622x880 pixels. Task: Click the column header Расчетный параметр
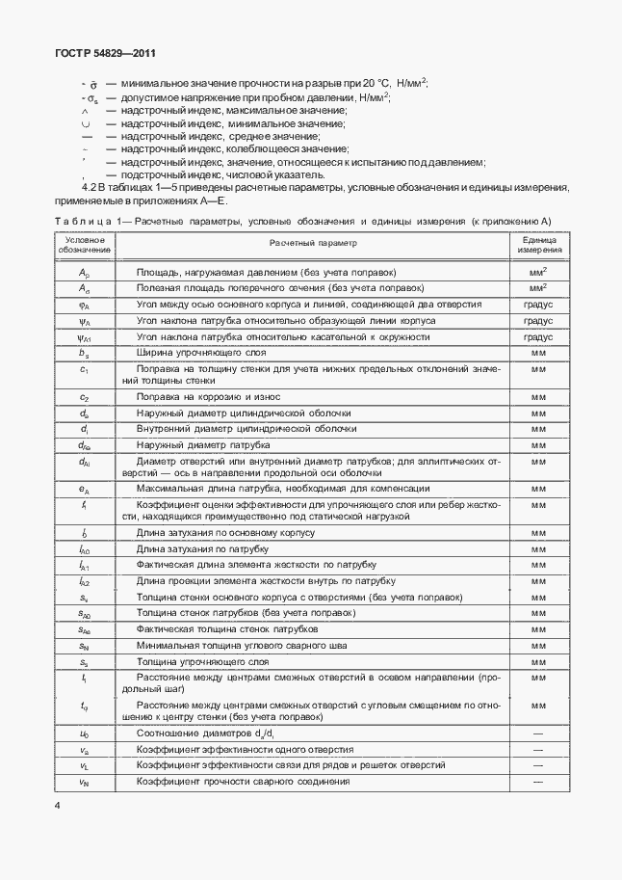(312, 244)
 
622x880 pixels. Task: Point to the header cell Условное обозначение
(84, 244)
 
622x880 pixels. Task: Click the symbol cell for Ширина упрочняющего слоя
(84, 353)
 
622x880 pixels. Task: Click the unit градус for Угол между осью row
(538, 305)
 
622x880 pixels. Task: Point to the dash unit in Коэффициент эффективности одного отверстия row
(538, 750)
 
